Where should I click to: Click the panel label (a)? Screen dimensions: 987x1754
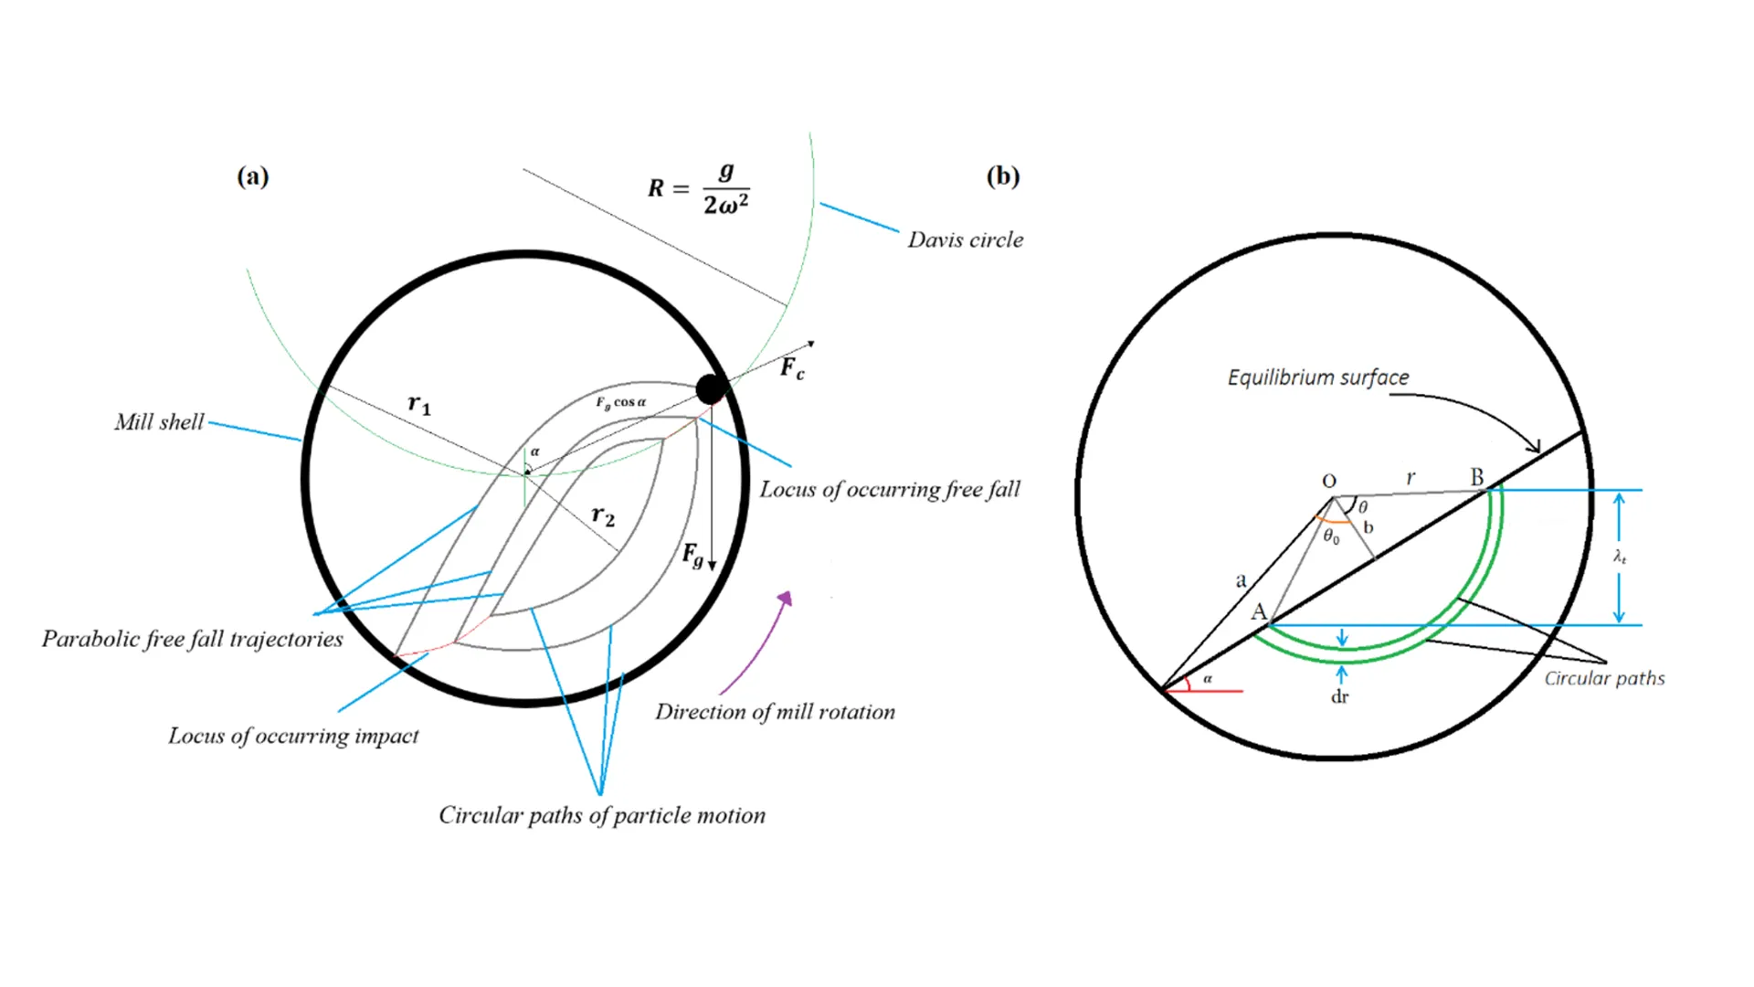[253, 175]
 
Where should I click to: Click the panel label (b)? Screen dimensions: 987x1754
[1002, 175]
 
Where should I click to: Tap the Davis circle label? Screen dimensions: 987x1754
[965, 239]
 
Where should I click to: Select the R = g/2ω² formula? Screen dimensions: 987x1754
[700, 188]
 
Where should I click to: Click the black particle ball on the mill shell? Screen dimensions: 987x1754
[711, 389]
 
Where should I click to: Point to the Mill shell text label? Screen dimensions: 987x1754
[159, 421]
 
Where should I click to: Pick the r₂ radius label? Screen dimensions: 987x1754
[603, 515]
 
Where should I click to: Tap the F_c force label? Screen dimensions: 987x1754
[792, 368]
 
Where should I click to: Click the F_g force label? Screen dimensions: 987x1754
[692, 554]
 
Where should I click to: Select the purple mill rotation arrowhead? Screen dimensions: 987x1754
[786, 599]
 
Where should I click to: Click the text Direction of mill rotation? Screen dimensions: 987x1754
[775, 712]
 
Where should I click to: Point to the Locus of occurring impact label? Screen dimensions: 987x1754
[293, 736]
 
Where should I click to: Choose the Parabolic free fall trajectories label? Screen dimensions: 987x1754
[193, 639]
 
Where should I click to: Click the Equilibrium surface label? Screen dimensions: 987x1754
[1317, 377]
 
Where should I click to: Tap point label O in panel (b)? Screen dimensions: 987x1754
[1329, 481]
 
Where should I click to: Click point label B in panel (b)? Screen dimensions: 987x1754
[1476, 477]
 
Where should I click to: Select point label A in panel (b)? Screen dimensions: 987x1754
[1259, 611]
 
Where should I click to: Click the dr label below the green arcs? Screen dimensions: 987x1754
[1339, 696]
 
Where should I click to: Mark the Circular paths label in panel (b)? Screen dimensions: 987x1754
[1604, 678]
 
